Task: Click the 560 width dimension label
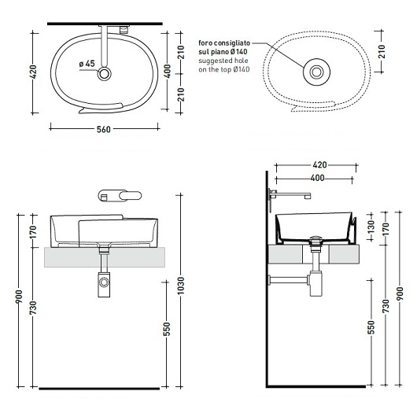pyautogui.click(x=103, y=129)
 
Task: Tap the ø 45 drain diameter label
pyautogui.click(x=87, y=64)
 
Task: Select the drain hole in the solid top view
pyautogui.click(x=104, y=74)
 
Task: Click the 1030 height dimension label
pyautogui.click(x=181, y=286)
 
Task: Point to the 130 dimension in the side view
pyautogui.click(x=371, y=227)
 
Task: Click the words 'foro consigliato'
pyautogui.click(x=224, y=42)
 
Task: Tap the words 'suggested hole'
pyautogui.click(x=223, y=61)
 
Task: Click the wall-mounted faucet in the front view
pyautogui.click(x=120, y=196)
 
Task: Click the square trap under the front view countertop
pyautogui.click(x=104, y=284)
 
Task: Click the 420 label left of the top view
pyautogui.click(x=33, y=72)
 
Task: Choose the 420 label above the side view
pyautogui.click(x=319, y=165)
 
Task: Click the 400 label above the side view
pyautogui.click(x=317, y=178)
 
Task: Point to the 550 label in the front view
pyautogui.click(x=167, y=329)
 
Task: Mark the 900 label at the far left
pyautogui.click(x=19, y=297)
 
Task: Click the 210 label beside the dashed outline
pyautogui.click(x=382, y=52)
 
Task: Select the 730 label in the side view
pyautogui.click(x=385, y=306)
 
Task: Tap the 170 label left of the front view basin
pyautogui.click(x=33, y=232)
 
